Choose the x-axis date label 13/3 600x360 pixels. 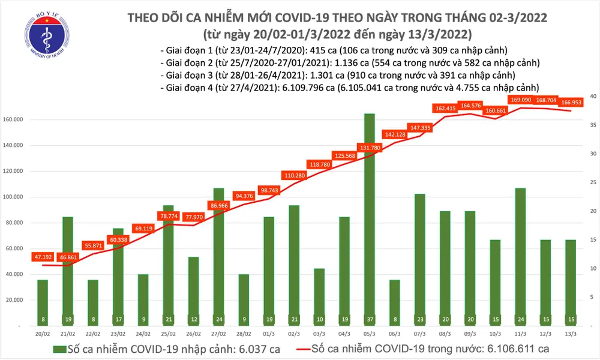[571, 333]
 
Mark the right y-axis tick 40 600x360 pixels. [592, 96]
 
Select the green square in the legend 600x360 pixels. [58, 349]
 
